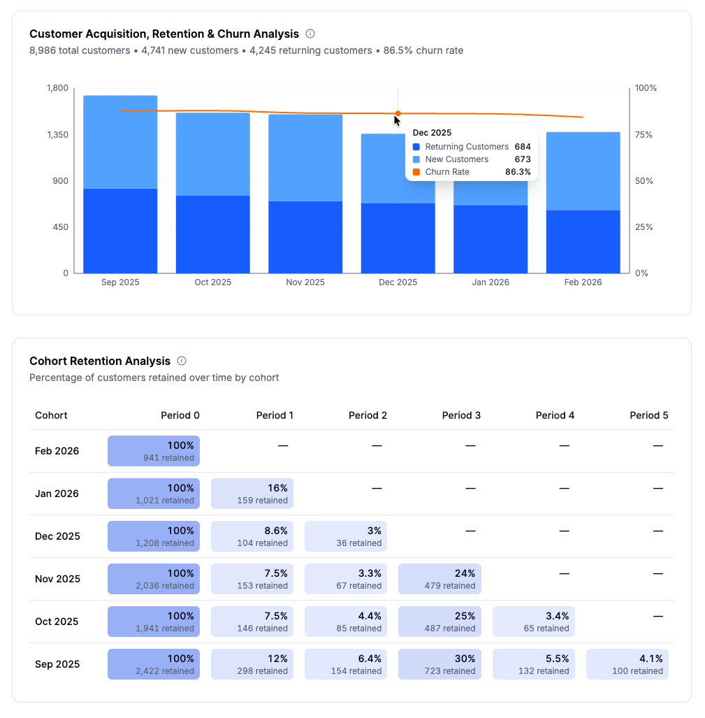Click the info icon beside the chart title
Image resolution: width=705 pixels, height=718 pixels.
coord(311,34)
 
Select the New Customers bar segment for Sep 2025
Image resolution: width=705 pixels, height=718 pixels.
coord(120,142)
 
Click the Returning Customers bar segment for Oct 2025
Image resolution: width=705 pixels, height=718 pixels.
coord(212,234)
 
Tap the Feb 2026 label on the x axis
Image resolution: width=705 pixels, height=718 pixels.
coord(583,282)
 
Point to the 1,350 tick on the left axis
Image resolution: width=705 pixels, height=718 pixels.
coord(57,134)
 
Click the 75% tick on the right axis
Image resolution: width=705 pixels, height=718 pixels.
coord(645,134)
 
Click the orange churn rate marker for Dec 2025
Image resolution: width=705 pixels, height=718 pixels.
coord(398,113)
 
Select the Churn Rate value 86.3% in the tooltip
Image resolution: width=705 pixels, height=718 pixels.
coord(518,172)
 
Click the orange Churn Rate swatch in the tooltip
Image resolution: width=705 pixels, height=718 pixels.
coord(416,172)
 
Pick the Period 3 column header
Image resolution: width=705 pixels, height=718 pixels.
coord(461,415)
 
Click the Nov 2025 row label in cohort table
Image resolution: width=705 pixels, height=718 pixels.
coord(57,579)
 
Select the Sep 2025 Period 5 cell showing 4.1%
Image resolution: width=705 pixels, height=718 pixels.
coord(627,664)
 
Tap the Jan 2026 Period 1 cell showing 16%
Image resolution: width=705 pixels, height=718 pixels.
coord(252,494)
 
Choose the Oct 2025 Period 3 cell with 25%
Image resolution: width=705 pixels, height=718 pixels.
coord(439,622)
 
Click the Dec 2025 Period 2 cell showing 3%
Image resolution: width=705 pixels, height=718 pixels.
coord(346,536)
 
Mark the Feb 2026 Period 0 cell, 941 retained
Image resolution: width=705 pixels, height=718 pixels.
coord(154,451)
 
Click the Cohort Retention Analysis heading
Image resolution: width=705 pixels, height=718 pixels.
coord(100,361)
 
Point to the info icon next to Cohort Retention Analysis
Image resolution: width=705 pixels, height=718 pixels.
coord(182,361)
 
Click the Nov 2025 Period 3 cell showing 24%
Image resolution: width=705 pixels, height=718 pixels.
coord(439,579)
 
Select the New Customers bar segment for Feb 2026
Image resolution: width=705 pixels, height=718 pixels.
coord(583,171)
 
